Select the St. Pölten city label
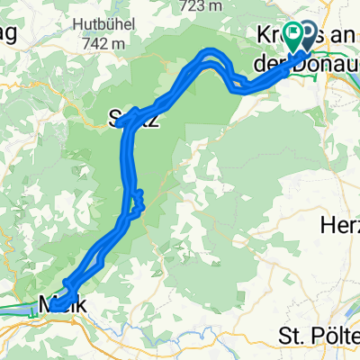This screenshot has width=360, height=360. pos(319,337)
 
